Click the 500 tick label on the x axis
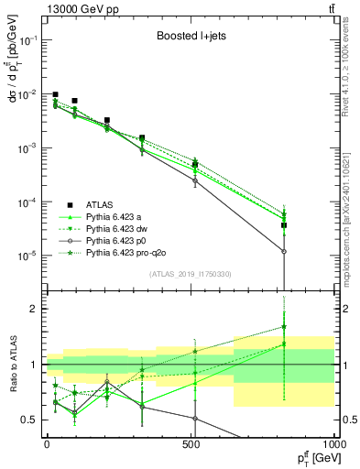pyautogui.click(x=191, y=443)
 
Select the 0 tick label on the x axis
pyautogui.click(x=47, y=443)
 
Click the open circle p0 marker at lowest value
pyautogui.click(x=284, y=251)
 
